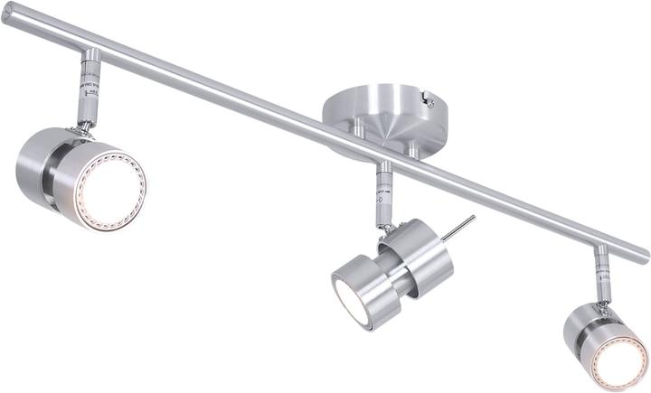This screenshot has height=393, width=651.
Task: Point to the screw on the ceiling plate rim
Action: [x=429, y=101]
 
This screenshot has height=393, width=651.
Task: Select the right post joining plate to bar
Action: [x=413, y=146]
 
